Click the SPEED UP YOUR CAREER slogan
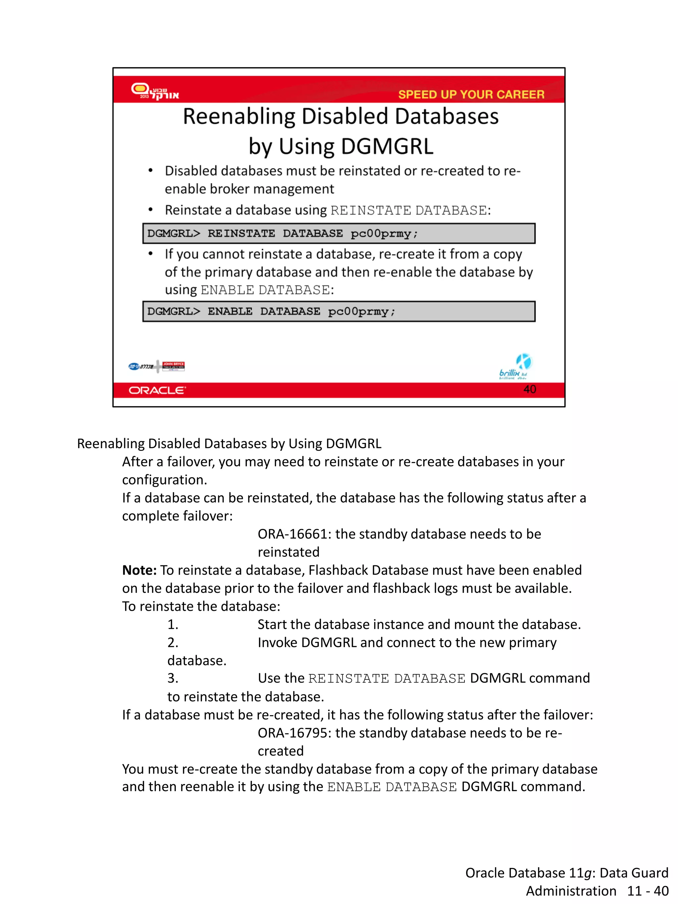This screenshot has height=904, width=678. [471, 94]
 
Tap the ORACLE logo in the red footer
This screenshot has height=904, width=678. [157, 390]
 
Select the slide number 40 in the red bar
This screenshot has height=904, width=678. [530, 389]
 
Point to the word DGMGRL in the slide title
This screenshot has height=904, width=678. [387, 146]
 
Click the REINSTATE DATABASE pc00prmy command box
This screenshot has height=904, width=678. [338, 233]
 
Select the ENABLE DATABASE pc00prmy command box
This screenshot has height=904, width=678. [338, 311]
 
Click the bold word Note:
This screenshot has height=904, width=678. [139, 570]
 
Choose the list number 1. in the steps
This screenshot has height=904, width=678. [173, 625]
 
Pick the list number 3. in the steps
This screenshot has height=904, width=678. [173, 678]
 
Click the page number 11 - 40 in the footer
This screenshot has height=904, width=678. [648, 891]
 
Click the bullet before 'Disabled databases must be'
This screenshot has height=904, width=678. [150, 171]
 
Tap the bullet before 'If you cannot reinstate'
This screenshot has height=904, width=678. [150, 254]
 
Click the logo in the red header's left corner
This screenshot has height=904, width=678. [155, 91]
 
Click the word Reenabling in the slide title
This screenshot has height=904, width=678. [239, 117]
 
